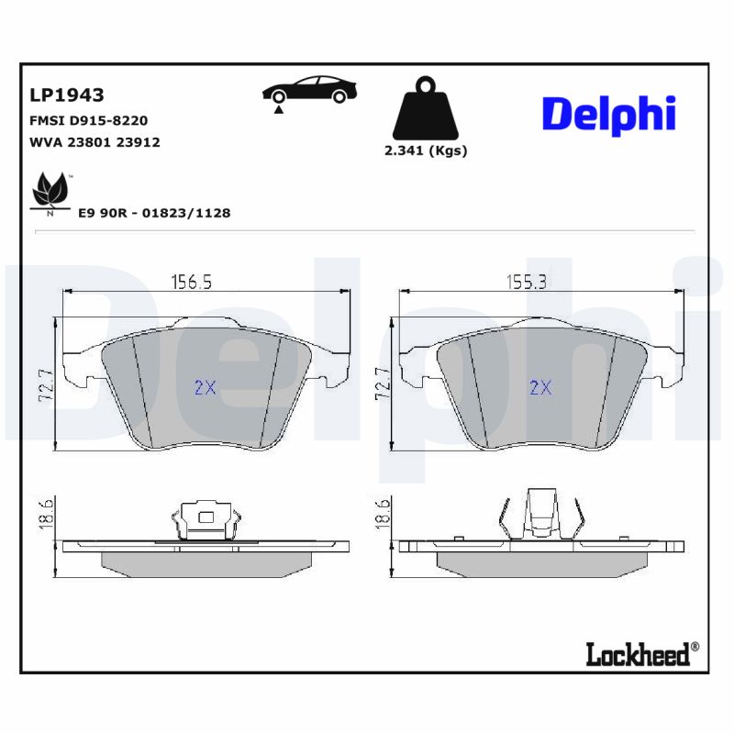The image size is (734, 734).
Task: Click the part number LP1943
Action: [x=67, y=95]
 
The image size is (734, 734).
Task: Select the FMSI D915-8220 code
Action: [x=89, y=120]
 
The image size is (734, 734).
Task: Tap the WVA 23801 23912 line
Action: [x=95, y=142]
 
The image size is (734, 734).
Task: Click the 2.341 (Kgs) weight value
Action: [x=425, y=151]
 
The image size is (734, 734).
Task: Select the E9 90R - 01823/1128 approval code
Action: [x=154, y=213]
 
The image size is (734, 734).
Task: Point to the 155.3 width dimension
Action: [x=527, y=283]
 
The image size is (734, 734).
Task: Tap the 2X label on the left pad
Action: [x=205, y=387]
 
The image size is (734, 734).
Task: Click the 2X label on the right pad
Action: [x=541, y=387]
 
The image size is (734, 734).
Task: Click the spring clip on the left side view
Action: [x=205, y=521]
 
